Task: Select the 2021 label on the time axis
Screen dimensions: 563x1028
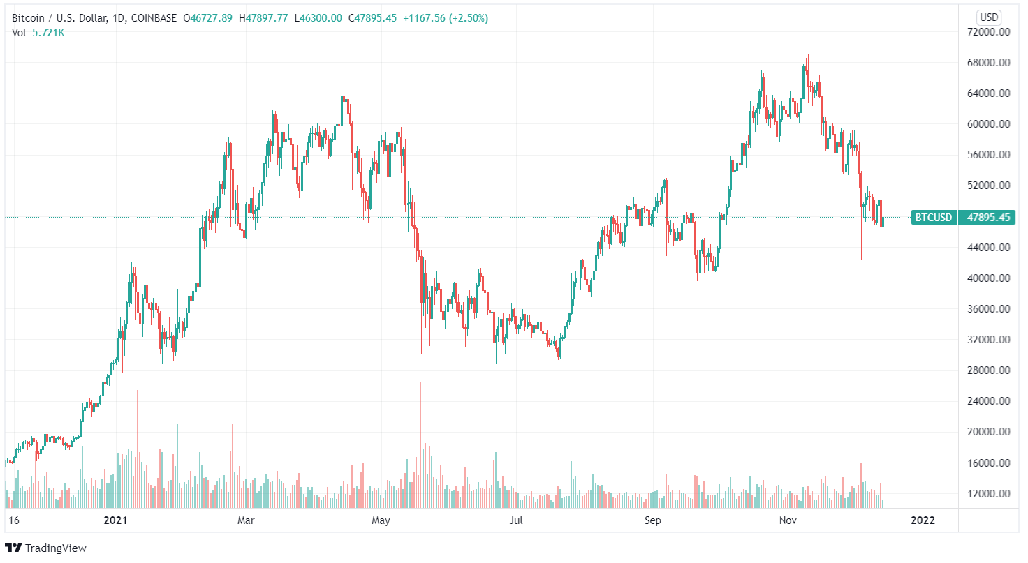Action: [x=115, y=520]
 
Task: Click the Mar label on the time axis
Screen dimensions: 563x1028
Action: [x=246, y=520]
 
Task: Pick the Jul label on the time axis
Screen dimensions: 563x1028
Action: [x=516, y=520]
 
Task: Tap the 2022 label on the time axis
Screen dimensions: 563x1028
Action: [x=923, y=520]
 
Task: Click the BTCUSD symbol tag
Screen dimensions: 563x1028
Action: [x=933, y=218]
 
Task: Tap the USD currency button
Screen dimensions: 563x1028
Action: [x=989, y=17]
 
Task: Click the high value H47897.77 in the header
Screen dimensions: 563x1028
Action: [x=263, y=18]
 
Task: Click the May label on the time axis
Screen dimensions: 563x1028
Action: [x=381, y=520]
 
